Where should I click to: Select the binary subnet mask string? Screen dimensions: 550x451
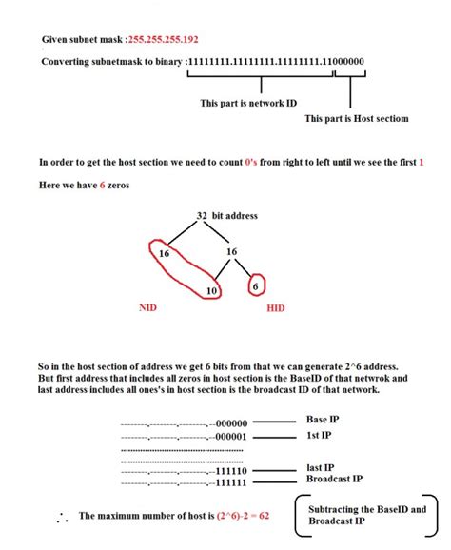tap(275, 62)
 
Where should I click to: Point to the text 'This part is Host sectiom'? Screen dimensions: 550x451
tap(356, 118)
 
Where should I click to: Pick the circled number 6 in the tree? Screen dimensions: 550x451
tap(254, 285)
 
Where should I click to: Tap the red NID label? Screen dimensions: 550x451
tap(148, 308)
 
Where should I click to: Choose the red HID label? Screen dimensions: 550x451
tap(275, 308)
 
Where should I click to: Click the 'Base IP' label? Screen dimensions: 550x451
tap(324, 420)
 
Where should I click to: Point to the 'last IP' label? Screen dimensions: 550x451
tap(320, 469)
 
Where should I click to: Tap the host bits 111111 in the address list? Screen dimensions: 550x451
tap(231, 482)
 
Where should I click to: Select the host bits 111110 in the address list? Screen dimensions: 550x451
tap(231, 471)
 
